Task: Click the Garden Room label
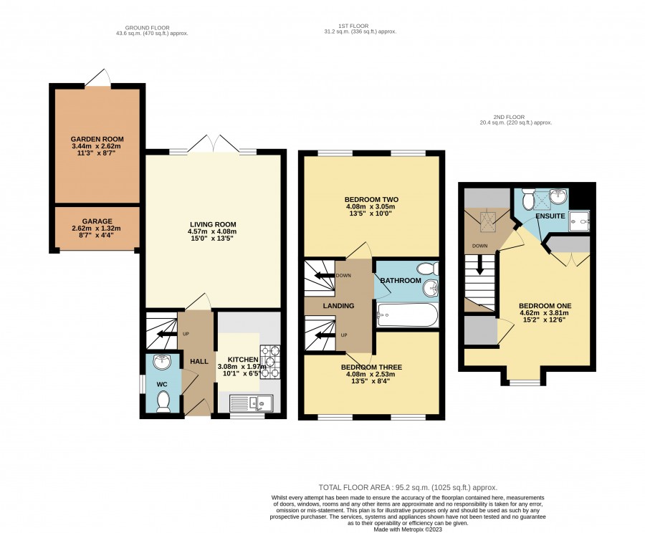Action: (x=97, y=139)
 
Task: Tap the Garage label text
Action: (x=97, y=221)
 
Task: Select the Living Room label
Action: (x=213, y=224)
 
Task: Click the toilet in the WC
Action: (x=163, y=401)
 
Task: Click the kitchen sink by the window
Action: (x=252, y=403)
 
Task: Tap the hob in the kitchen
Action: (x=270, y=362)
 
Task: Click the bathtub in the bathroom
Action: (x=407, y=315)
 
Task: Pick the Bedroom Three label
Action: (x=371, y=368)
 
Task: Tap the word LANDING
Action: (x=338, y=306)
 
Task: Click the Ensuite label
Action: (x=550, y=216)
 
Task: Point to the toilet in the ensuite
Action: (x=527, y=198)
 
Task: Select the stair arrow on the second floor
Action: (x=479, y=266)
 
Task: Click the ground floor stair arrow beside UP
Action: (x=166, y=334)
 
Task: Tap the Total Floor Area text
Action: (x=408, y=488)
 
